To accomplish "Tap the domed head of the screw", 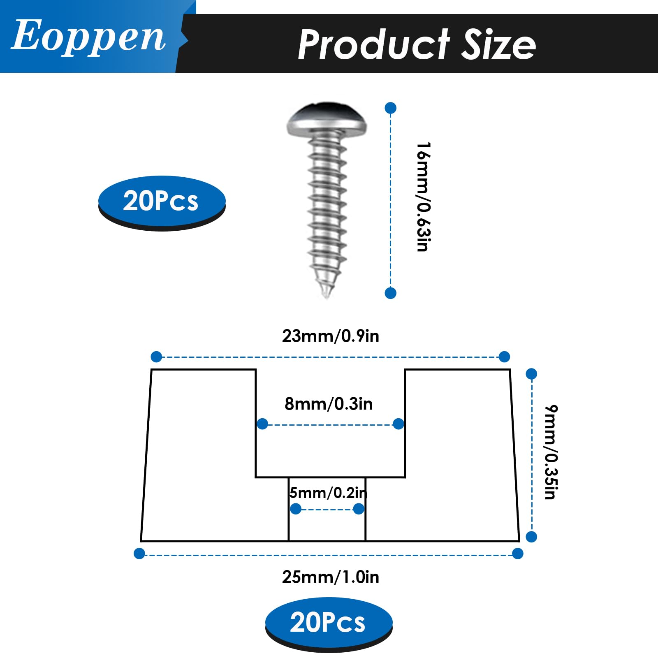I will pos(327,119).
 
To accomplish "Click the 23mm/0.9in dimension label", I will pos(330,336).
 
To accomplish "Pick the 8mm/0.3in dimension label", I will pos(329,404).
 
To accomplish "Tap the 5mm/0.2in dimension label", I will pos(328,492).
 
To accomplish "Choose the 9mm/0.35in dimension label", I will pos(551,452).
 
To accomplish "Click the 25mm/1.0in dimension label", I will pos(330,577).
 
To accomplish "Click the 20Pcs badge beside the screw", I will pos(162,201).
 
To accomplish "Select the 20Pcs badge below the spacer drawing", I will pos(328,622).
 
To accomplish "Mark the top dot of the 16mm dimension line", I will pos(390,108).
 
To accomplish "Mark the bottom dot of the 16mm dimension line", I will pos(390,293).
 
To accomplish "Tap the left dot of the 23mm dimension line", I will pos(156,357).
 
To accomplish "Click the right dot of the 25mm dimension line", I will pos(518,554).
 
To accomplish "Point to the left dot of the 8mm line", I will pos(262,424).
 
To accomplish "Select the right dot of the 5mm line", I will pos(359,509).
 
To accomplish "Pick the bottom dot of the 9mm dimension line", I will pos(531,537).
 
